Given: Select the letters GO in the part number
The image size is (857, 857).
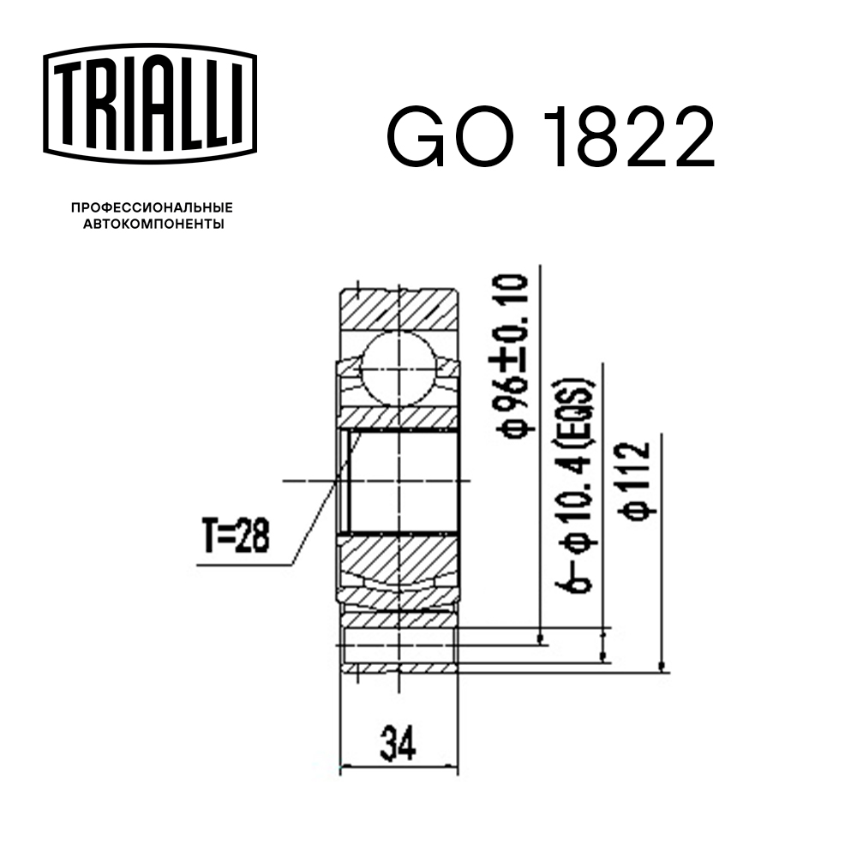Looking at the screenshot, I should (x=452, y=137).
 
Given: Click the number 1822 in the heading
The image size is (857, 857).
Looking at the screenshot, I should (x=632, y=137).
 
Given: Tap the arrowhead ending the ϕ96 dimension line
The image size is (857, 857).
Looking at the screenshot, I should (x=541, y=638).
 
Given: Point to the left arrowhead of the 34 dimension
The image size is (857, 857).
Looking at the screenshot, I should (x=346, y=765).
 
